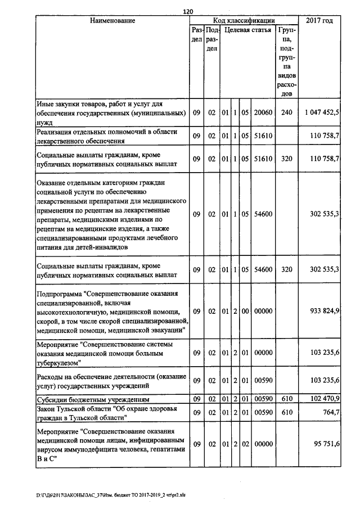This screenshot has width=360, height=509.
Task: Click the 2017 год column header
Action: pos(319,21)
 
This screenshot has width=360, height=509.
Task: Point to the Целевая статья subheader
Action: pos(247,30)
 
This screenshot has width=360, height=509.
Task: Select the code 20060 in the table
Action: pos(263,112)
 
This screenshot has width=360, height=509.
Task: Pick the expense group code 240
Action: pos(287,112)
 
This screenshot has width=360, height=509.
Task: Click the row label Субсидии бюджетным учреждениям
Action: pos(89,399)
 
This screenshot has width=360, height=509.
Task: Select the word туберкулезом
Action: pos(60,363)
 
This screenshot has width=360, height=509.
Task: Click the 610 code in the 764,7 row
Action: pos(287,413)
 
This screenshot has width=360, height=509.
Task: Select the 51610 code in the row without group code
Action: pos(263,136)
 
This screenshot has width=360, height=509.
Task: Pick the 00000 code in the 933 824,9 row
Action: pos(263,311)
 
